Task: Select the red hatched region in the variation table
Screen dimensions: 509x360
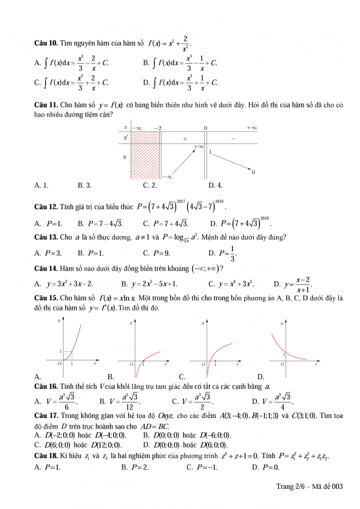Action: (145, 156)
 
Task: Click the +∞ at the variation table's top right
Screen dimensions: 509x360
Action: (251, 128)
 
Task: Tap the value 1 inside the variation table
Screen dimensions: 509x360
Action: (210, 152)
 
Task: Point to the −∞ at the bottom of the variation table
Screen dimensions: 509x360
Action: (167, 177)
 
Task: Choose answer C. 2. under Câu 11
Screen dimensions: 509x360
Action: (150, 185)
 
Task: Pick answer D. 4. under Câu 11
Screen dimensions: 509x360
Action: (215, 185)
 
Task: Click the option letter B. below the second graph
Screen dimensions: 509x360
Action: (111, 377)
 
